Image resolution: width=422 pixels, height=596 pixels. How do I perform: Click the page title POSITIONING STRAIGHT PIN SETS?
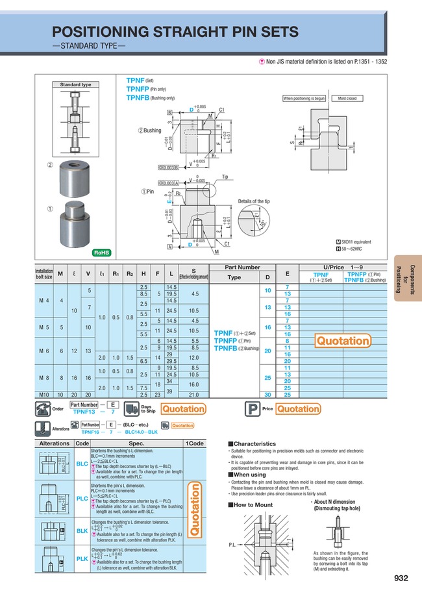coord(175,32)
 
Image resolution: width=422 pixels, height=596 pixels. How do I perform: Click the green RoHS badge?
coord(101,252)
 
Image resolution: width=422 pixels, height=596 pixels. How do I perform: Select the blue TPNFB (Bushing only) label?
coord(151,97)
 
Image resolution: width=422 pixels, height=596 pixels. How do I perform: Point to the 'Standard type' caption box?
coord(76,85)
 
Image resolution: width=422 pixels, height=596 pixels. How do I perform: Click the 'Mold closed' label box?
coord(347,98)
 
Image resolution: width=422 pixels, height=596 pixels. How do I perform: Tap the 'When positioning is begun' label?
coord(304,98)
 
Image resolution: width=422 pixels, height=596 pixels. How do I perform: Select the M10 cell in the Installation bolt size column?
coord(43,393)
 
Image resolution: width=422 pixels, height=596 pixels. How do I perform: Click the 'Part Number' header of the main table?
coord(242,267)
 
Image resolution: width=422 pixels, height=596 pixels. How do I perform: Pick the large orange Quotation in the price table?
coord(343,341)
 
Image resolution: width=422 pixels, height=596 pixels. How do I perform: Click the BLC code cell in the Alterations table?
coord(82,464)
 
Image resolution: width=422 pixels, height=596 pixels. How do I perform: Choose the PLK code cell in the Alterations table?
coord(82,558)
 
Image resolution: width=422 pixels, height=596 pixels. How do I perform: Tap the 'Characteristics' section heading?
coord(254,443)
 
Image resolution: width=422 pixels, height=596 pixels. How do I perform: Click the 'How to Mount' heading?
coord(253,504)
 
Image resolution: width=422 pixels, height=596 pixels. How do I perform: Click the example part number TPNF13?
coord(84,412)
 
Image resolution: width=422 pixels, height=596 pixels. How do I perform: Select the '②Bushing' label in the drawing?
coord(149,130)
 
